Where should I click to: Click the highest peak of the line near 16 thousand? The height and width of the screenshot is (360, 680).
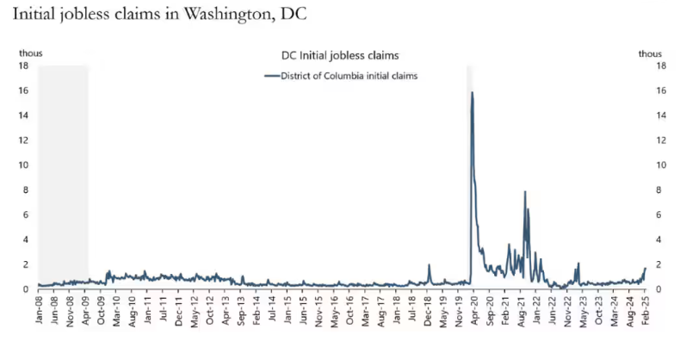473,92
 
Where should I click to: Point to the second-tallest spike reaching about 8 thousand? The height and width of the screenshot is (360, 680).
524,192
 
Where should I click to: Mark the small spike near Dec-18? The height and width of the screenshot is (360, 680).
429,265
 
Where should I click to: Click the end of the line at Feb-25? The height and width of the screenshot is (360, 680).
645,270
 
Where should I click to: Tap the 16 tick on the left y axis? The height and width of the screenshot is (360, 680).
26,90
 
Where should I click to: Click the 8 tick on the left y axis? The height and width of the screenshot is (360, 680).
28,189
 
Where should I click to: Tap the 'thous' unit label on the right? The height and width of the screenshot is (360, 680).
650,53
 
